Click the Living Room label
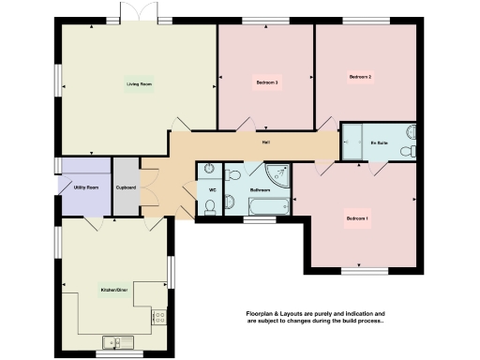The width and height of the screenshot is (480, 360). tap(140, 84)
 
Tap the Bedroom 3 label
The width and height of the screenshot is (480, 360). tap(267, 83)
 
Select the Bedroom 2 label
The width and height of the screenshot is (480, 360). tap(361, 77)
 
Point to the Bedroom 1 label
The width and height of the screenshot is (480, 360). tap(356, 218)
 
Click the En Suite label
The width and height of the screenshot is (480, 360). tap(380, 142)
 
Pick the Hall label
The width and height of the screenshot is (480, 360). tap(266, 142)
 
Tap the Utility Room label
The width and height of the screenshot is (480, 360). tap(86, 187)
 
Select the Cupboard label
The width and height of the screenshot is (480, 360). tap(126, 187)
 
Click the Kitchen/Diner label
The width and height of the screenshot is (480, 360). tap(114, 290)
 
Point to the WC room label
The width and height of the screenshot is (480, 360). tap(212, 189)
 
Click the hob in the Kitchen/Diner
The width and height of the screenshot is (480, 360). tap(158, 317)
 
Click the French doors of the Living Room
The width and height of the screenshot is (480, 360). tap(131, 16)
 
